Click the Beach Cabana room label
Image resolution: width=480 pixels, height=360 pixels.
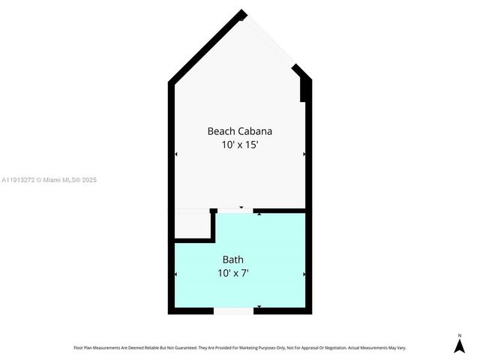pyautogui.click(x=240, y=131)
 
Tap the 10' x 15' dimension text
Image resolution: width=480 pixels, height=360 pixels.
pyautogui.click(x=240, y=145)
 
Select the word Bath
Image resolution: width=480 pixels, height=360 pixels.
pyautogui.click(x=232, y=260)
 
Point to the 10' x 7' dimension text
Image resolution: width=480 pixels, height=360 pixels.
pyautogui.click(x=232, y=274)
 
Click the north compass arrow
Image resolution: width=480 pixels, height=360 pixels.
pyautogui.click(x=460, y=345)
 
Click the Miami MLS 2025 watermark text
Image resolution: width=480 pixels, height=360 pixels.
pyautogui.click(x=49, y=180)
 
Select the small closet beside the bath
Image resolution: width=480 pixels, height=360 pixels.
pyautogui.click(x=193, y=225)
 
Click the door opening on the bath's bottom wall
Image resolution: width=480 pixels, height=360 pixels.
pyautogui.click(x=233, y=310)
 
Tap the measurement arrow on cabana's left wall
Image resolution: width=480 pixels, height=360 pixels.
pyautogui.click(x=176, y=154)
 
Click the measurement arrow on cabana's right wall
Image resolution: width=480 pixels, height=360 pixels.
pyautogui.click(x=304, y=154)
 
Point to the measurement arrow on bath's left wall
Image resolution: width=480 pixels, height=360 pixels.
pyautogui.click(x=176, y=274)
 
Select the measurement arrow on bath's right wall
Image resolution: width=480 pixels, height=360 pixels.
pyautogui.click(x=304, y=274)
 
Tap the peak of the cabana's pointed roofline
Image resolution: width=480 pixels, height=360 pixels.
pyautogui.click(x=241, y=13)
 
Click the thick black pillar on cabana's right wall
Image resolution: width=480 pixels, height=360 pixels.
pyautogui.click(x=304, y=88)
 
